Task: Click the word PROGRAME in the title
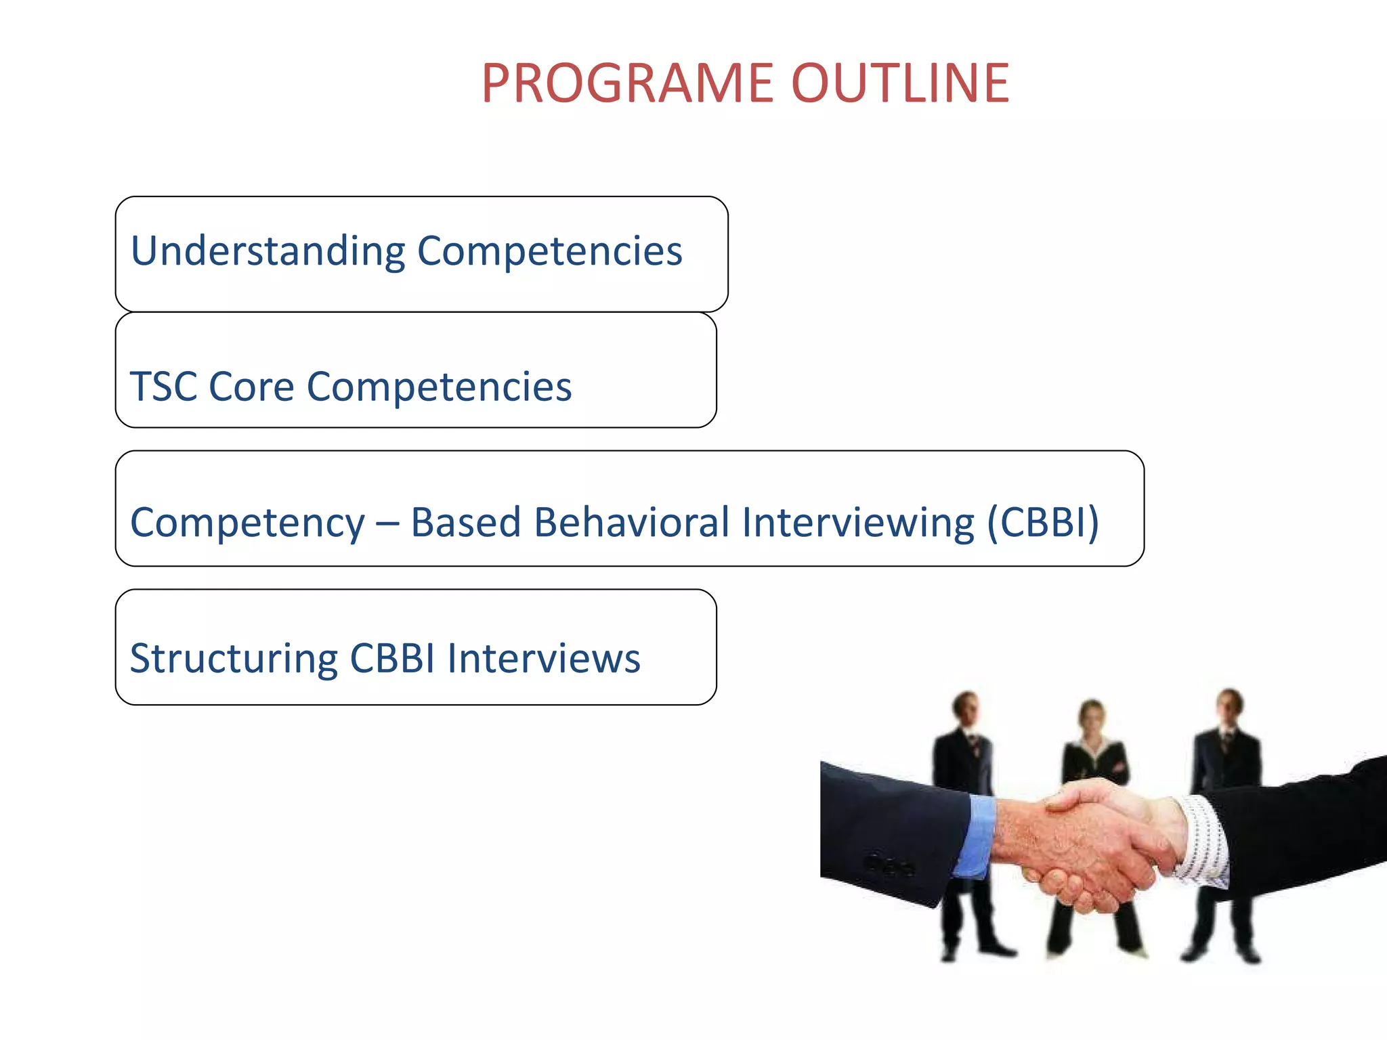(627, 83)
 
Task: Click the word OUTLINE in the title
(900, 83)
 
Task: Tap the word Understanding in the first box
(268, 252)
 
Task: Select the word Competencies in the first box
(549, 252)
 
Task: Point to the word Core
(251, 387)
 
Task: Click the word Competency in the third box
(248, 523)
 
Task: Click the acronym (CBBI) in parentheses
(1042, 522)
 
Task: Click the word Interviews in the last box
(543, 658)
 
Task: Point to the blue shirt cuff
(975, 836)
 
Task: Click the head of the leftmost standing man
(966, 708)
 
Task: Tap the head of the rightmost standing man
(1229, 706)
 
